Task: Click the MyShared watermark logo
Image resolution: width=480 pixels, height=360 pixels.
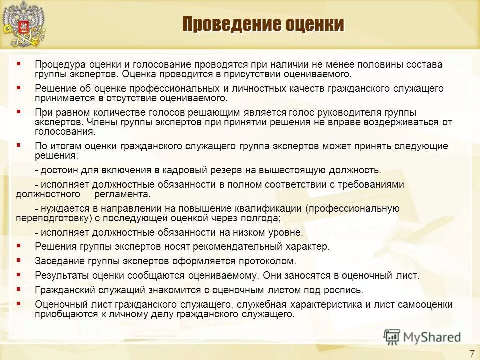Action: click(x=423, y=337)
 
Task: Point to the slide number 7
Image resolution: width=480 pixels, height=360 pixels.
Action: click(x=472, y=354)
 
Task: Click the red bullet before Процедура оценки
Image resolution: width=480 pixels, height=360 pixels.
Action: click(x=18, y=64)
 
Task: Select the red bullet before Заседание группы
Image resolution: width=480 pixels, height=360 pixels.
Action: click(x=18, y=260)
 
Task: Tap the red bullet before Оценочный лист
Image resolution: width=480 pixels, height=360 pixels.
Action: click(x=18, y=303)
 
